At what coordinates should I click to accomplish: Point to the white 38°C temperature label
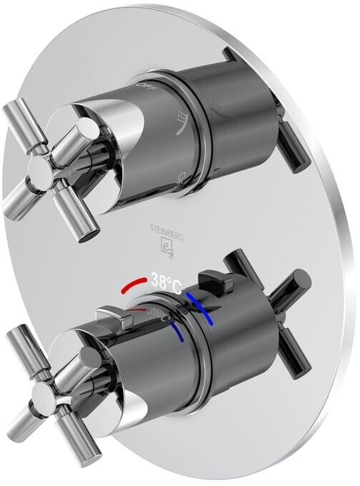pyautogui.click(x=166, y=282)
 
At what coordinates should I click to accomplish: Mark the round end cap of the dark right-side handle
pyautogui.click(x=301, y=281)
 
